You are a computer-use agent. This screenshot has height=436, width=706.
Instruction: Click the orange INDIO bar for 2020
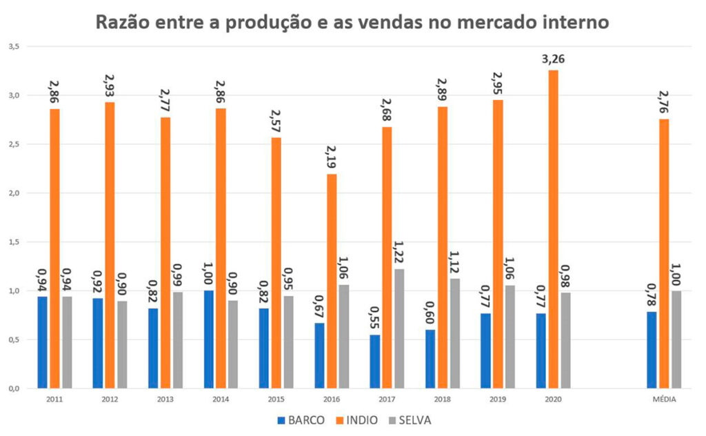coord(553,229)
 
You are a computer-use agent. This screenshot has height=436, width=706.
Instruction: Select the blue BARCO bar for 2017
coord(374,361)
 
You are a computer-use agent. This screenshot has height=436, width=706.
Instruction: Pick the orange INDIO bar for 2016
coord(332,281)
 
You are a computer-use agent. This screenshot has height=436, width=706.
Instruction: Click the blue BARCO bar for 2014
coord(209,339)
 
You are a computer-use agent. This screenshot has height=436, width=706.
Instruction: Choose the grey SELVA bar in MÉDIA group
coord(676,339)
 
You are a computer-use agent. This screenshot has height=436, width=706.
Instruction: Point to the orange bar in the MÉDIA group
coord(664,253)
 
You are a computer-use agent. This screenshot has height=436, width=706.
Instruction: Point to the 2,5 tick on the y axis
coord(14,144)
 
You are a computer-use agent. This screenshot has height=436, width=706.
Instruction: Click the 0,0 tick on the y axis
coord(14,388)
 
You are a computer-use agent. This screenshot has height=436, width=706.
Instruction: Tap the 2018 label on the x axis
coord(442,399)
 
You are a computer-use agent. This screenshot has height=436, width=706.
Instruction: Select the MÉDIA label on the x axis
coord(664,399)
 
